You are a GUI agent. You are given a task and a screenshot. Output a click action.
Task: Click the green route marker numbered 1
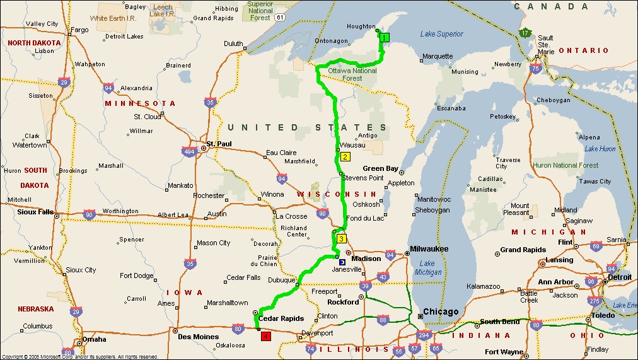pos(385,37)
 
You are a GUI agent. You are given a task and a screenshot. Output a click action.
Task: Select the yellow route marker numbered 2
pos(345,156)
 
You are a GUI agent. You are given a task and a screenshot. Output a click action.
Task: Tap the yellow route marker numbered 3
pos(341,238)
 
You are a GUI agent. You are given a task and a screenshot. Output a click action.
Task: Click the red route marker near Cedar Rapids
pos(265,337)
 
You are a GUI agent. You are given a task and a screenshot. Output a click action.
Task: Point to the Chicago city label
pos(441,312)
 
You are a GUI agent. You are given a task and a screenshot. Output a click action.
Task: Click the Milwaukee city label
pos(429,249)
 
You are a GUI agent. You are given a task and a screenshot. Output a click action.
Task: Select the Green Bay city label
pos(380,169)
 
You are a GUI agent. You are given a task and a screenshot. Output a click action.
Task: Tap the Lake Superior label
pos(441,34)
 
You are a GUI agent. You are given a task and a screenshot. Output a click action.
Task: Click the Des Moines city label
pos(197,337)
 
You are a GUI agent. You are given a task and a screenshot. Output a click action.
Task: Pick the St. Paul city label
pos(219,144)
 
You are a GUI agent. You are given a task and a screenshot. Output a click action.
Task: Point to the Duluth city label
pos(233,44)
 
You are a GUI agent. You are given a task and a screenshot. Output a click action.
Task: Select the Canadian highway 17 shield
pos(525,33)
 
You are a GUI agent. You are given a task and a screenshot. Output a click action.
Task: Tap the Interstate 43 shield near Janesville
pos(383,277)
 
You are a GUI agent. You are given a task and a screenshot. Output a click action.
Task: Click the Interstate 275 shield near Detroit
pos(593,301)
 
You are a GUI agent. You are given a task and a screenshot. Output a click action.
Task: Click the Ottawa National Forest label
pos(352,74)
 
